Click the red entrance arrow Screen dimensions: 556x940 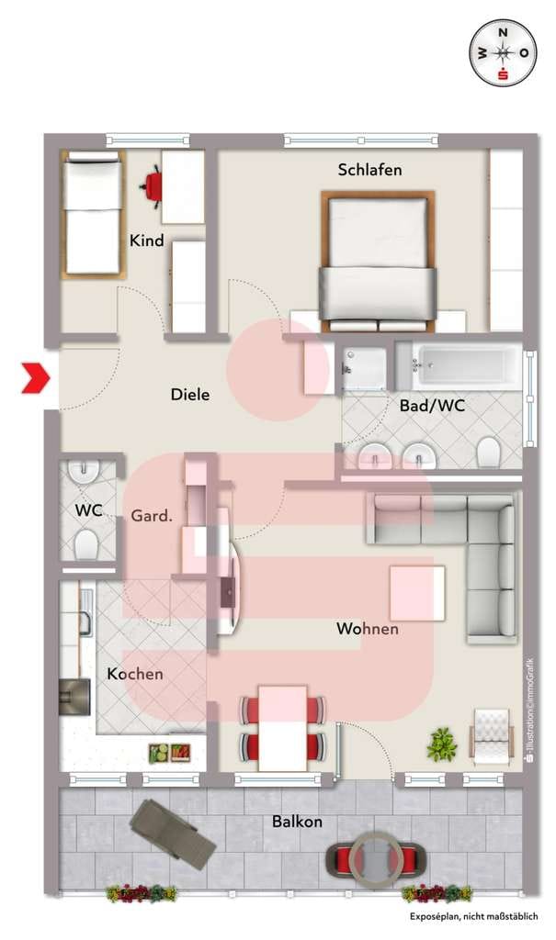tap(36, 378)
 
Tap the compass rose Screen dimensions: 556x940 tap(504, 52)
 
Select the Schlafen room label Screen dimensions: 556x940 tap(369, 170)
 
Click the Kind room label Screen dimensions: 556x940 tap(146, 241)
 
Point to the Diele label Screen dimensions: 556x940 tap(190, 394)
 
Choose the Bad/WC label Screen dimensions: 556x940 tap(432, 406)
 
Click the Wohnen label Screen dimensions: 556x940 tap(368, 628)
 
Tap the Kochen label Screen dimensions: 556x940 tap(135, 674)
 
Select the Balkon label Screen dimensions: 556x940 tap(297, 821)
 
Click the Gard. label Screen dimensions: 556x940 tap(152, 515)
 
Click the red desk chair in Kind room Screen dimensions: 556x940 tap(153, 185)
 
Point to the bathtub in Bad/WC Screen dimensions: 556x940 tap(460, 365)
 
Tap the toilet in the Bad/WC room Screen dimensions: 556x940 tap(488, 452)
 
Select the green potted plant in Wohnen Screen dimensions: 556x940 tap(443, 744)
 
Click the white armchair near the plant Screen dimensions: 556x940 tap(493, 737)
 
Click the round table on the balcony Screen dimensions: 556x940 tap(376, 858)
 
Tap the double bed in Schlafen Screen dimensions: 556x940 tap(379, 262)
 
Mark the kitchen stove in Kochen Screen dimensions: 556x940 tap(75, 697)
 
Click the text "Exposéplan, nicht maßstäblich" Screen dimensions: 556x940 tap(473, 916)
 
